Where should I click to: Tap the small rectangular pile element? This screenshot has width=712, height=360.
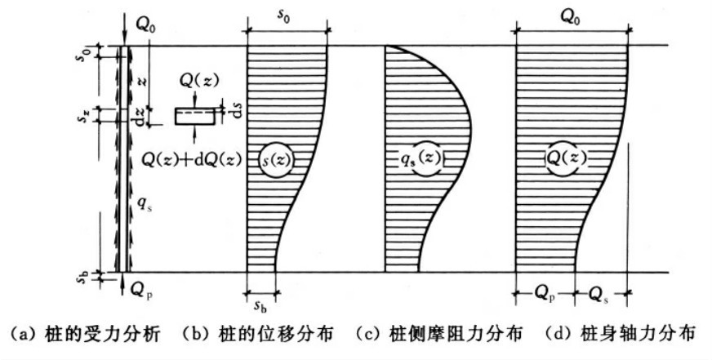[194, 117]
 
